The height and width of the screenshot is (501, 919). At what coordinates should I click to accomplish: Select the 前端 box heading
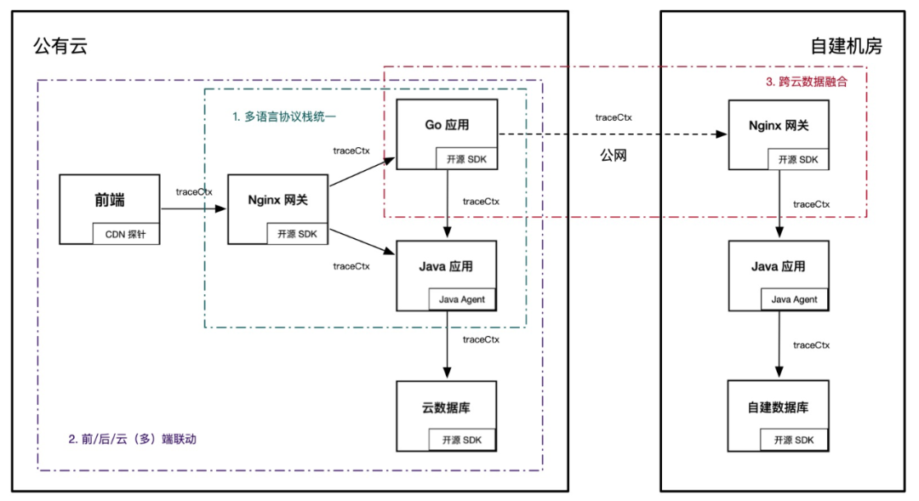point(110,201)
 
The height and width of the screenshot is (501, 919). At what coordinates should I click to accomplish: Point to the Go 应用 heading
point(447,125)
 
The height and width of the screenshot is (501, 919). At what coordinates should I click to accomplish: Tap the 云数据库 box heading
point(447,407)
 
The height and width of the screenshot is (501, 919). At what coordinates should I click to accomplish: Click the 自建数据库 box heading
point(777,407)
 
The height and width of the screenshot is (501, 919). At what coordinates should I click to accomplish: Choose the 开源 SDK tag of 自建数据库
point(794,440)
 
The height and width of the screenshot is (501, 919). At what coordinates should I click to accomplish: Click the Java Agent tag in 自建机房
point(794,299)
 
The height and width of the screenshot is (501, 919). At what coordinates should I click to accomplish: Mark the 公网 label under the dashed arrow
point(613,156)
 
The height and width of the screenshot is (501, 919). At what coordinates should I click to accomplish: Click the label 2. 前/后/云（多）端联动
point(137,440)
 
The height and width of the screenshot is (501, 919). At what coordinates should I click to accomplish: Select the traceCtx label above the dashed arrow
point(613,117)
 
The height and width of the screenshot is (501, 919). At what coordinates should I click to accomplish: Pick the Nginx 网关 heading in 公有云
point(277,201)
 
